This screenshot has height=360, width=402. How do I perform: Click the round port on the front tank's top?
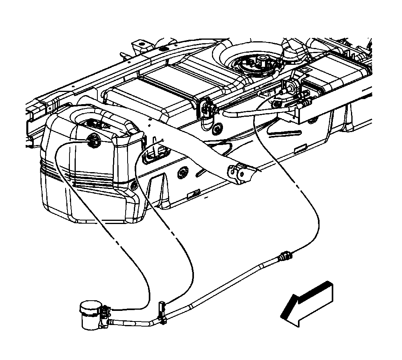(x=93, y=140)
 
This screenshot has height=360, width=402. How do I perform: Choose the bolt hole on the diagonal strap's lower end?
(x=234, y=172)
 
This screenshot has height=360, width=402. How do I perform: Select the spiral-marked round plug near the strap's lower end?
(x=182, y=173)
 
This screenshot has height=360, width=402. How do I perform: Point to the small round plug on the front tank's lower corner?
(x=133, y=186)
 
